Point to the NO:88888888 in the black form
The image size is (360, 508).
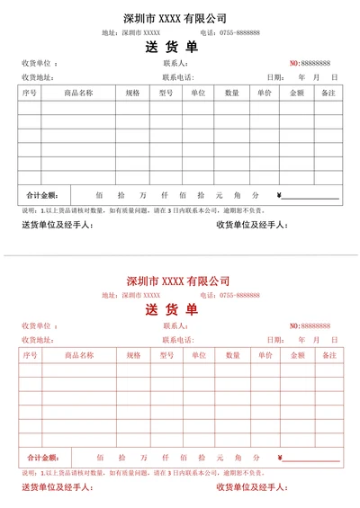[x=310, y=63]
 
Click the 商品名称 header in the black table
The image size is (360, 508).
[x=78, y=93]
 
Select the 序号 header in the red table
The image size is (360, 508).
[x=30, y=355]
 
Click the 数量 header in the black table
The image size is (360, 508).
[x=232, y=93]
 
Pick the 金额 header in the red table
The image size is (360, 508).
[x=297, y=355]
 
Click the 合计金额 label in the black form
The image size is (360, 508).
[x=42, y=194]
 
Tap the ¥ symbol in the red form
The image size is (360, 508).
[x=280, y=457]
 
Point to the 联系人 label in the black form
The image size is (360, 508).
[x=175, y=64]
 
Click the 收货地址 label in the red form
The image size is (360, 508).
[x=37, y=340]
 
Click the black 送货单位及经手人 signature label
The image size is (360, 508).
[x=56, y=224]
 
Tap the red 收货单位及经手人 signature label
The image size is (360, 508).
[x=251, y=486]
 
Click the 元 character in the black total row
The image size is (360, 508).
[x=219, y=194]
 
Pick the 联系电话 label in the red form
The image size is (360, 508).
[x=178, y=340]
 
